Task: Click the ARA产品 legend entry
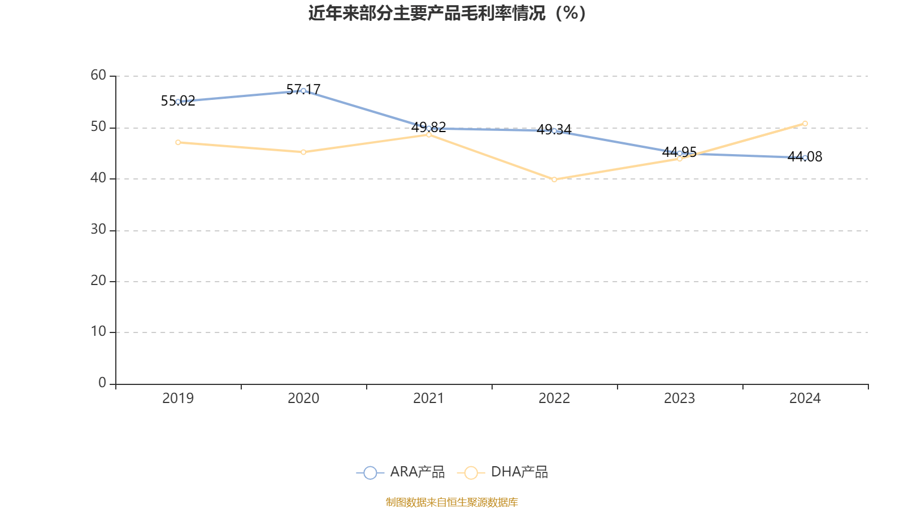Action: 401,472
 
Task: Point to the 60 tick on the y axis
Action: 98,75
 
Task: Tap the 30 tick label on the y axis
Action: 98,230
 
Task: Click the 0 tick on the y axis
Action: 102,383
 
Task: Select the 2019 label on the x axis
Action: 178,398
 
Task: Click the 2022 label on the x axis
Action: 554,398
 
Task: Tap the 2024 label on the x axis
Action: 805,398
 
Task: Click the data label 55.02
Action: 178,101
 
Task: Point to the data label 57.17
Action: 303,89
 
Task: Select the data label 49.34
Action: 554,130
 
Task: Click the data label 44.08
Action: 805,157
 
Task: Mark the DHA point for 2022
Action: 554,179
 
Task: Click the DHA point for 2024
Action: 805,124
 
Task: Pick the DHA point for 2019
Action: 178,142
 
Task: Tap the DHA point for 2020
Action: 303,152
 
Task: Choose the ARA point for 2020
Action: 303,91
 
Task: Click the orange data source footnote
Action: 451,502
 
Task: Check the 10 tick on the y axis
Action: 98,332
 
